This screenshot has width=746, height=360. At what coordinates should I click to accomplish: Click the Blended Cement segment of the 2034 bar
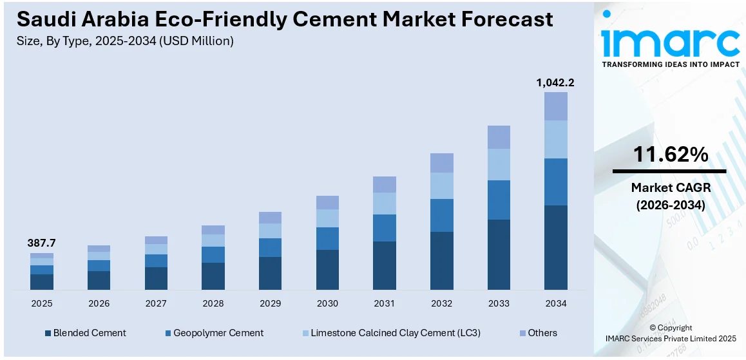point(555,247)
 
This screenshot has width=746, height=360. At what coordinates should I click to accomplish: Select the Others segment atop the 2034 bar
point(555,106)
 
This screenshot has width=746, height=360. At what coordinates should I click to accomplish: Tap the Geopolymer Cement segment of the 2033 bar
point(499,200)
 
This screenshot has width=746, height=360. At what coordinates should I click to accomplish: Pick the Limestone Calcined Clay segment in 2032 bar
point(441,185)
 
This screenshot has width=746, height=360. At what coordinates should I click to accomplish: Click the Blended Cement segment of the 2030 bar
point(327,269)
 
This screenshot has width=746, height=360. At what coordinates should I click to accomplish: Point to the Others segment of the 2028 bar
point(213,230)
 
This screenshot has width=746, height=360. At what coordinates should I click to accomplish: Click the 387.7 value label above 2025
point(41,243)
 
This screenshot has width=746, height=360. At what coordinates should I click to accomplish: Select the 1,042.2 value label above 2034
point(555,82)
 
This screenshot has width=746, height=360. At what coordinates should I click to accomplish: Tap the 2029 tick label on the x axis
point(270,303)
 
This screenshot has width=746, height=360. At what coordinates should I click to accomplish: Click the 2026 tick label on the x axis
point(99,303)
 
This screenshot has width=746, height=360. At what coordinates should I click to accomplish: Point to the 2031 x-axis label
point(384,303)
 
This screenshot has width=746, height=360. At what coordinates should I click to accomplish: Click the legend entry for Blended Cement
point(85,333)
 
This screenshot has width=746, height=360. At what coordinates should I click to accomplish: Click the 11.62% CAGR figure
point(670,155)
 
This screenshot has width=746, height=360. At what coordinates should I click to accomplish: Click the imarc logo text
point(670,43)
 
